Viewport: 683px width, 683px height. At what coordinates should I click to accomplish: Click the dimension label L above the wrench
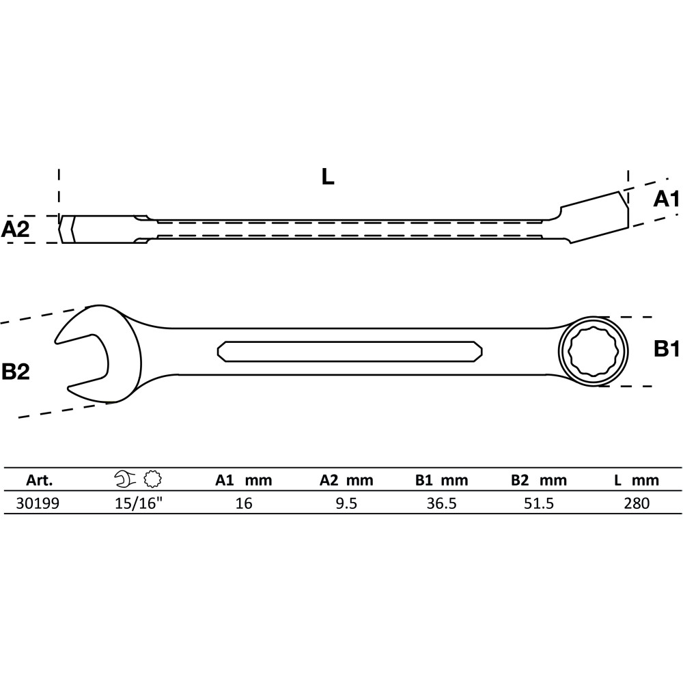(x=328, y=176)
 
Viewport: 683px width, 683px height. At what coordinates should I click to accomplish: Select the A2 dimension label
(x=15, y=229)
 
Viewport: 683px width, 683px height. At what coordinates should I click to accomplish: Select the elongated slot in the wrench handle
(x=350, y=350)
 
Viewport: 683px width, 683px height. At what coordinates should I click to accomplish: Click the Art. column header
(x=39, y=480)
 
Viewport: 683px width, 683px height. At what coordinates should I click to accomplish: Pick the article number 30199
(x=38, y=503)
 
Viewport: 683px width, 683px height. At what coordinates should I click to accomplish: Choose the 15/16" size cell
(x=139, y=503)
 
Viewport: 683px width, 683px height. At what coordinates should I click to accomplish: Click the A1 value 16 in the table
(x=244, y=503)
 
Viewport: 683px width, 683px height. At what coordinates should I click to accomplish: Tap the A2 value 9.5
(x=346, y=503)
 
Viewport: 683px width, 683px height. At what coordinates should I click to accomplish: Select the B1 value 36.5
(x=441, y=503)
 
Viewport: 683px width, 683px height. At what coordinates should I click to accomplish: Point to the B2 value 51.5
(x=539, y=503)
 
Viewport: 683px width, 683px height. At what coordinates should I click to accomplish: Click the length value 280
(x=637, y=503)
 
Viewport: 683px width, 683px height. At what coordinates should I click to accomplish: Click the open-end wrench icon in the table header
(x=126, y=479)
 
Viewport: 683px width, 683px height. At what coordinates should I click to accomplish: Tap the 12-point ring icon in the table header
(x=153, y=479)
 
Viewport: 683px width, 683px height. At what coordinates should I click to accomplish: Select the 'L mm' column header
(x=637, y=480)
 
